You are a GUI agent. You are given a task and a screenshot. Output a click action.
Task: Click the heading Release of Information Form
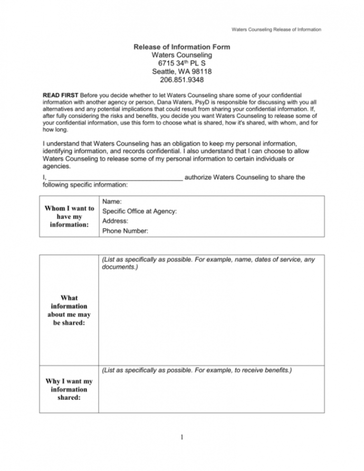(182, 47)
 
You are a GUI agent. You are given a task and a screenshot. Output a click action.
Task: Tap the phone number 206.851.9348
(182, 80)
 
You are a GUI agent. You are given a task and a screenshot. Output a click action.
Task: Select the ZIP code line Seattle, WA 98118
(182, 71)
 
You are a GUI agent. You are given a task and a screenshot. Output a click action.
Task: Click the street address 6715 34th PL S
(182, 63)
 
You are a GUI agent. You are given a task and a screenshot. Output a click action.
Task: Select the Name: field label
(112, 201)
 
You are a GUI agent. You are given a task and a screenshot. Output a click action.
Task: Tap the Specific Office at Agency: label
(139, 211)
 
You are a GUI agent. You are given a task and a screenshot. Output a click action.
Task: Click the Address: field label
(116, 221)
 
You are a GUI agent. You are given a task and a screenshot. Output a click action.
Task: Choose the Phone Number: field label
(125, 230)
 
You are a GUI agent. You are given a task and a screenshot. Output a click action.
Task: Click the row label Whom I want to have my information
(70, 216)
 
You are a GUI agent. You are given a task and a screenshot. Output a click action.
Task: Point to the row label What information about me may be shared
(70, 310)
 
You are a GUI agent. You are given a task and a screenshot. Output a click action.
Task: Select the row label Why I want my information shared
(70, 389)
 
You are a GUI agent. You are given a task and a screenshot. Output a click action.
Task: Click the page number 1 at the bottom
(181, 437)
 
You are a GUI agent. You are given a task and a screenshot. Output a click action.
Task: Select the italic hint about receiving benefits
(196, 370)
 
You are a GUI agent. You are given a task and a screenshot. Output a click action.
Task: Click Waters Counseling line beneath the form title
(182, 55)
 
